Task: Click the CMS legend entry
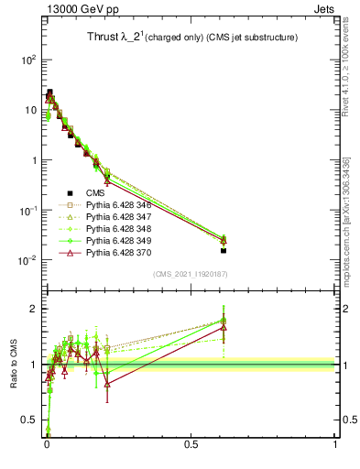(97, 192)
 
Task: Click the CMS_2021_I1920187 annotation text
(191, 274)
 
